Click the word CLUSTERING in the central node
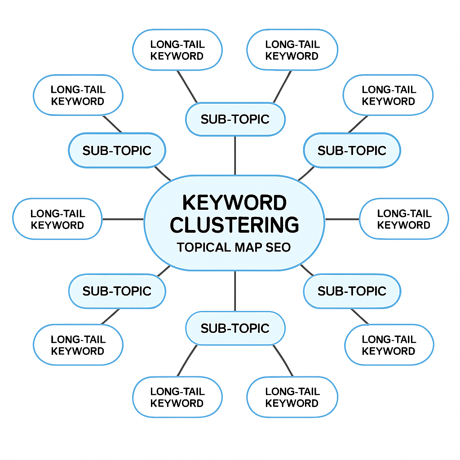(234, 225)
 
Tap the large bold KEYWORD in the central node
(234, 203)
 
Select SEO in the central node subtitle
(279, 248)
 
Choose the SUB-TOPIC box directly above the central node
(235, 119)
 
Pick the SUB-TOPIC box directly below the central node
(235, 328)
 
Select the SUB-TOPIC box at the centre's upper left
(117, 150)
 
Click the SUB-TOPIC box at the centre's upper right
(352, 150)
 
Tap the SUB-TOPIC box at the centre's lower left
(117, 291)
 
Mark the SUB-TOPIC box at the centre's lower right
(352, 291)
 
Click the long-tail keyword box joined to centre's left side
(57, 219)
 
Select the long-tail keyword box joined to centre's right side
(404, 219)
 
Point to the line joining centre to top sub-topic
(235, 155)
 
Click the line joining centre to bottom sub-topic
(235, 291)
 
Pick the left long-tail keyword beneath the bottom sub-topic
(177, 398)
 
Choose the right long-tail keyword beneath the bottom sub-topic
(292, 398)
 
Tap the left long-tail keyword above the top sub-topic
(177, 50)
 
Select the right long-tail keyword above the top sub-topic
(292, 50)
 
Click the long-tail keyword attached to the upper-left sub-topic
(78, 95)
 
